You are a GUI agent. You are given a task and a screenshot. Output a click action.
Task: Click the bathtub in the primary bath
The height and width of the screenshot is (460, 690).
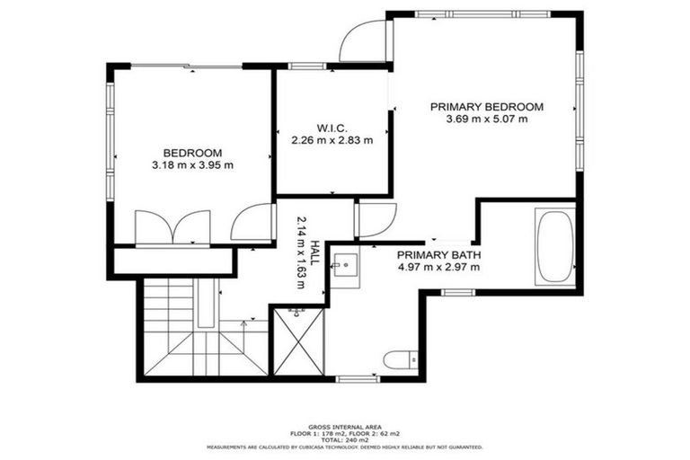(x=553, y=245)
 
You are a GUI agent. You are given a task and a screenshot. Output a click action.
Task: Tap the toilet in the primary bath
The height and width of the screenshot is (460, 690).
(x=398, y=360)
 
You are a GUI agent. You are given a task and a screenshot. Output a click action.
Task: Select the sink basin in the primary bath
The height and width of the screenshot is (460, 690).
(x=345, y=265)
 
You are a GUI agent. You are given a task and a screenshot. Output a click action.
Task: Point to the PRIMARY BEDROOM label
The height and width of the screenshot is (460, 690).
(x=487, y=106)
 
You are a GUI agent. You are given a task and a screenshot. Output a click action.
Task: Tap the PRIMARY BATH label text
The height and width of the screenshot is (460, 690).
(x=438, y=254)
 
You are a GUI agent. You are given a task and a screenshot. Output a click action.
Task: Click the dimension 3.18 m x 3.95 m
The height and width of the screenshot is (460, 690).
(x=192, y=165)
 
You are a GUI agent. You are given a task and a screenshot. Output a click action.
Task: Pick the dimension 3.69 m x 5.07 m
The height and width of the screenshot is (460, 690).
(x=487, y=119)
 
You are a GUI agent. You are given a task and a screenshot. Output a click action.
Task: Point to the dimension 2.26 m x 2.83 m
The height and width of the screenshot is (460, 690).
(x=332, y=140)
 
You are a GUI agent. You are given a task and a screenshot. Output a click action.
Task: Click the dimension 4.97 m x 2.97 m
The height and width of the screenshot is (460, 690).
(x=438, y=267)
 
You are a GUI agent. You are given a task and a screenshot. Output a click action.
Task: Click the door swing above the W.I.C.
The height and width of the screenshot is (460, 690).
(x=364, y=41)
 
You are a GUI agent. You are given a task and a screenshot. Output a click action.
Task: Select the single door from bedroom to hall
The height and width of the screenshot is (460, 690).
(x=252, y=223)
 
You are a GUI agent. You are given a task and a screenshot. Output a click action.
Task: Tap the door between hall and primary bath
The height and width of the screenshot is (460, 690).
(x=375, y=219)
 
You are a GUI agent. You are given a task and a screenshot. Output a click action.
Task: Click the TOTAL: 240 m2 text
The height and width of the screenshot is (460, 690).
(x=345, y=438)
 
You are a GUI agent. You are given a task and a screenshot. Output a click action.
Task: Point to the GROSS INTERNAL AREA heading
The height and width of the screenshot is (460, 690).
(x=345, y=426)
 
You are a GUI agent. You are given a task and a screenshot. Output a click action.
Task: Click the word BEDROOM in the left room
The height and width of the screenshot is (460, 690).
(x=192, y=153)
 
